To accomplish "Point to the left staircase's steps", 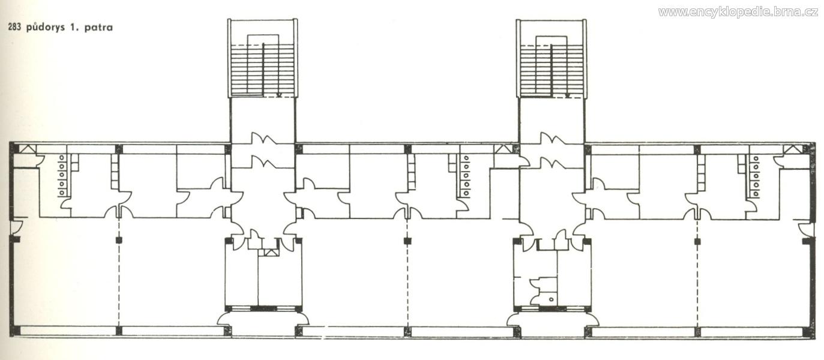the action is (262, 70).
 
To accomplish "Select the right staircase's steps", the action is (551, 70).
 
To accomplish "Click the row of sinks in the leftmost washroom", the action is (62, 175).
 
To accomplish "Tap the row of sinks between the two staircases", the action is (466, 176).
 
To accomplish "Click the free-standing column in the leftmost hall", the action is (118, 240).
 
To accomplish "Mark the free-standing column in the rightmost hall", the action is (697, 241).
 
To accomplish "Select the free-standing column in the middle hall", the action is (407, 241).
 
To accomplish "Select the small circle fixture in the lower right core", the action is (551, 299).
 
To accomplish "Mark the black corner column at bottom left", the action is (13, 331).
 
